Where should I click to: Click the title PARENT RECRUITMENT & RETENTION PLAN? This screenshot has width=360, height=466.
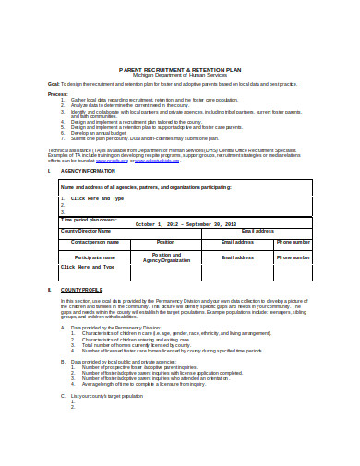click(x=180, y=68)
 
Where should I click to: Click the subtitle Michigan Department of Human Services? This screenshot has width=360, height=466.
click(x=180, y=75)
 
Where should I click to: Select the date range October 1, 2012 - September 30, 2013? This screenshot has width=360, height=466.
click(x=185, y=224)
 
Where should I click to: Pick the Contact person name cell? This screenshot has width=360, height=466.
click(x=96, y=241)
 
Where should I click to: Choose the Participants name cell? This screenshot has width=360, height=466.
click(x=96, y=257)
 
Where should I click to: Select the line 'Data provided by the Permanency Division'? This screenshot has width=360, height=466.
click(x=134, y=327)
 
